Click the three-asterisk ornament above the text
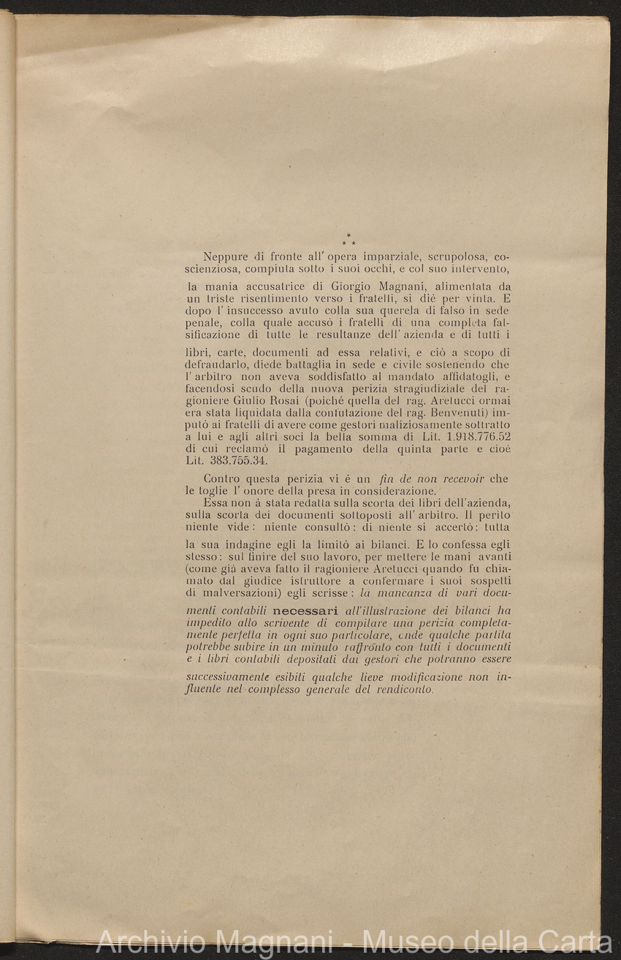point(348,240)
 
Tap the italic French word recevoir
point(460,479)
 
